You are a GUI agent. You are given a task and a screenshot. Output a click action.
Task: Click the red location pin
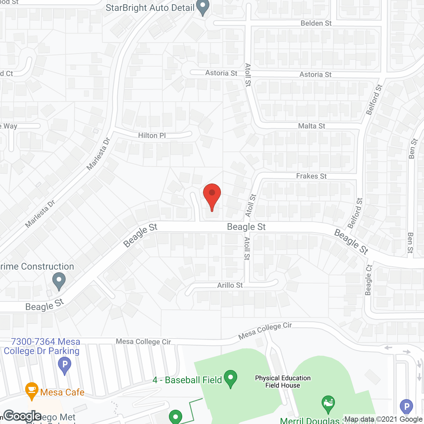212,195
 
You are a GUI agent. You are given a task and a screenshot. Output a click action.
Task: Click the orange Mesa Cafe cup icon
31,390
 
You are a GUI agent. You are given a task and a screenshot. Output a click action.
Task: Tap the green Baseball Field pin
230,378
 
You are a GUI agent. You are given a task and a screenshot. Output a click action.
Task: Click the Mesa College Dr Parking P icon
65,366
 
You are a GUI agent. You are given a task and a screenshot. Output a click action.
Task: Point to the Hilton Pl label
152,135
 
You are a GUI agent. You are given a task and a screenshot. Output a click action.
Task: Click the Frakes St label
311,176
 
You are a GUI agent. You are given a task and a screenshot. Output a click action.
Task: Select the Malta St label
311,126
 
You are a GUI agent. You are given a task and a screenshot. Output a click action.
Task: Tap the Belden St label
316,23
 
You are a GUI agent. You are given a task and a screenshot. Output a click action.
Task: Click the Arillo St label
230,285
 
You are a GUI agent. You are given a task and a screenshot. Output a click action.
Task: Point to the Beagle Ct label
368,280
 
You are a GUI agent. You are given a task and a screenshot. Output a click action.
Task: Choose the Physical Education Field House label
283,382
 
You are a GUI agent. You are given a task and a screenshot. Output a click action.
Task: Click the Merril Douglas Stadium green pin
328,403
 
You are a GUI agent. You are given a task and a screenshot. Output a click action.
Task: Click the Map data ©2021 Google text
383,419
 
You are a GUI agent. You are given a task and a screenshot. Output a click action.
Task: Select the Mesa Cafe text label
62,392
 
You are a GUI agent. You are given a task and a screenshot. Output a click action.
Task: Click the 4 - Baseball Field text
187,380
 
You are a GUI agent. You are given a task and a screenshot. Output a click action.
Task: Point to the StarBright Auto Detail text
150,8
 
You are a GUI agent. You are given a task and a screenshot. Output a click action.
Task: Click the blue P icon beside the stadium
406,407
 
